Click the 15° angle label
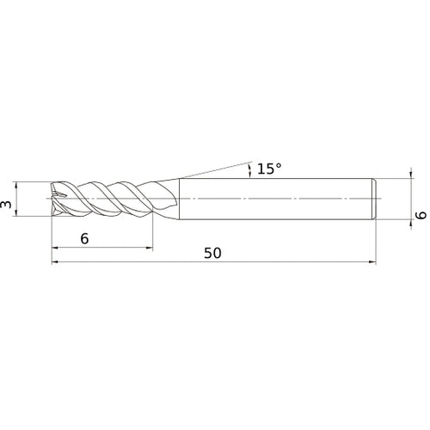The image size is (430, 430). click(x=268, y=169)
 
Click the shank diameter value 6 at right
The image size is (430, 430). click(x=421, y=217)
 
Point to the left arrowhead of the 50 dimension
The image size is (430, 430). click(x=56, y=263)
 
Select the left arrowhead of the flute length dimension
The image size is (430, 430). click(x=56, y=249)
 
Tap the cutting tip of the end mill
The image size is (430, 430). click(x=54, y=199)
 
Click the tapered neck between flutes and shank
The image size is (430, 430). click(x=169, y=199)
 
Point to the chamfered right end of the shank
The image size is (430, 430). click(x=375, y=199)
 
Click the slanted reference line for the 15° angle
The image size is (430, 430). click(x=215, y=168)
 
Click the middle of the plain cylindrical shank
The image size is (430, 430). click(x=275, y=199)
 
